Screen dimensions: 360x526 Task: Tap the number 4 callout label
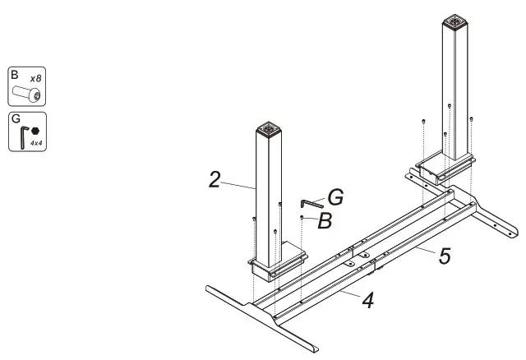click(368, 301)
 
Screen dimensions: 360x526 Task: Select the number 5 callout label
click(444, 256)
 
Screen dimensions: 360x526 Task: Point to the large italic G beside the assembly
click(335, 197)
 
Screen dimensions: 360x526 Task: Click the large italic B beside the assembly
click(325, 220)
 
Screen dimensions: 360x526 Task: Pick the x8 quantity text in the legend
click(37, 78)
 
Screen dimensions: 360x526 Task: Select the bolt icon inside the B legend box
click(26, 95)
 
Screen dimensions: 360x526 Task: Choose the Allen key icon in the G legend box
click(22, 136)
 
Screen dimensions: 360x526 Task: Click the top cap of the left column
click(268, 128)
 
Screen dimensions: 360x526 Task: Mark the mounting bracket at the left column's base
click(278, 264)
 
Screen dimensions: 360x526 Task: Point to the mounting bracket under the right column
click(444, 170)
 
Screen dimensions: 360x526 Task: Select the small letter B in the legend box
click(15, 74)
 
